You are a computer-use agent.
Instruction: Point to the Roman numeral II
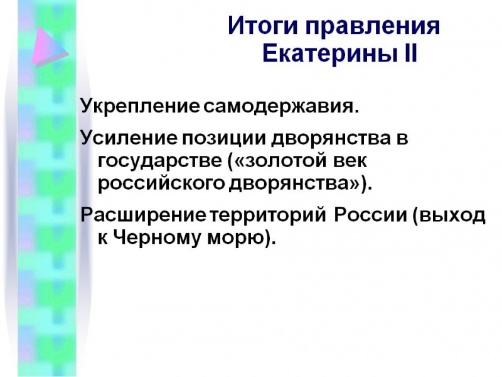[409, 53]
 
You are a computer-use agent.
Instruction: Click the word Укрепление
[140, 106]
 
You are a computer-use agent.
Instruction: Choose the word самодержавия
[281, 106]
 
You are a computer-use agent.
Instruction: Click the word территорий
[268, 215]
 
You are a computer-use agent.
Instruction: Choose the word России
[370, 215]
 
